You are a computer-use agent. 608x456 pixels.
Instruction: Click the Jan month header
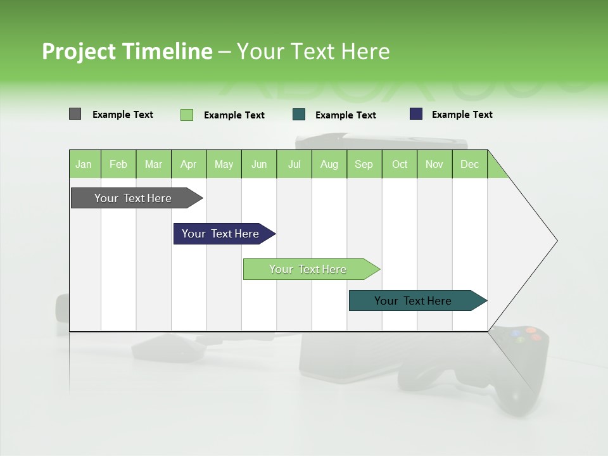pyautogui.click(x=84, y=164)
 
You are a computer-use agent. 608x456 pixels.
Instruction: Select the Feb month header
pyautogui.click(x=118, y=164)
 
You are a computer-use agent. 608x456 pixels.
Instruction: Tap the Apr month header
pyautogui.click(x=189, y=164)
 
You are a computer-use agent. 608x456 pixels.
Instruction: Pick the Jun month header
pyautogui.click(x=259, y=164)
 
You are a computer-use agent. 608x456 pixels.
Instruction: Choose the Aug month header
pyautogui.click(x=329, y=164)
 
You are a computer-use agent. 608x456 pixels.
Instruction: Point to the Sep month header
pyautogui.click(x=364, y=164)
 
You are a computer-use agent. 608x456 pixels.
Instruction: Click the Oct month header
pyautogui.click(x=400, y=164)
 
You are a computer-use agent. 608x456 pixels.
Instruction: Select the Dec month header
pyautogui.click(x=470, y=164)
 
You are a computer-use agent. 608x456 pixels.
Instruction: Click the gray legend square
pyautogui.click(x=75, y=114)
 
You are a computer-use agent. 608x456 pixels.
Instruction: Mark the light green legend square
pyautogui.click(x=187, y=115)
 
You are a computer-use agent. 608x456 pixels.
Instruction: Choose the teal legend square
pyautogui.click(x=299, y=115)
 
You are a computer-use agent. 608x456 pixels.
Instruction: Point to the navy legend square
pyautogui.click(x=416, y=114)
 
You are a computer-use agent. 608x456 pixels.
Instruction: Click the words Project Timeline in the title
pyautogui.click(x=127, y=51)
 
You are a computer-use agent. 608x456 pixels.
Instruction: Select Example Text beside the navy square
pyautogui.click(x=462, y=115)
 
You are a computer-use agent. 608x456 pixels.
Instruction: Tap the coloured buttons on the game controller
pyautogui.click(x=526, y=334)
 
